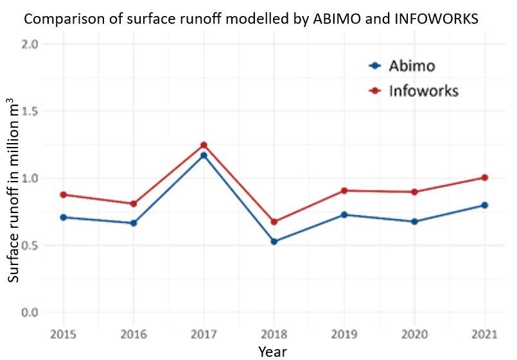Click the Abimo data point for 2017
click(204, 155)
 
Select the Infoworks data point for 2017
click(204, 145)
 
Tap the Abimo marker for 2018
click(274, 241)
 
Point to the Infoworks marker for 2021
click(484, 178)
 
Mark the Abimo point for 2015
click(63, 218)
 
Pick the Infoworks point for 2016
click(134, 204)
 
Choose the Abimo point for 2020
click(414, 221)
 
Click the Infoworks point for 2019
click(344, 191)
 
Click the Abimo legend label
click(412, 65)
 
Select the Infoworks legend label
click(423, 90)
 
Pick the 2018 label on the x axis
click(274, 334)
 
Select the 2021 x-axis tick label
click(484, 334)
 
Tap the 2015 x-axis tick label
click(63, 334)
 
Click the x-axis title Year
click(272, 352)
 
